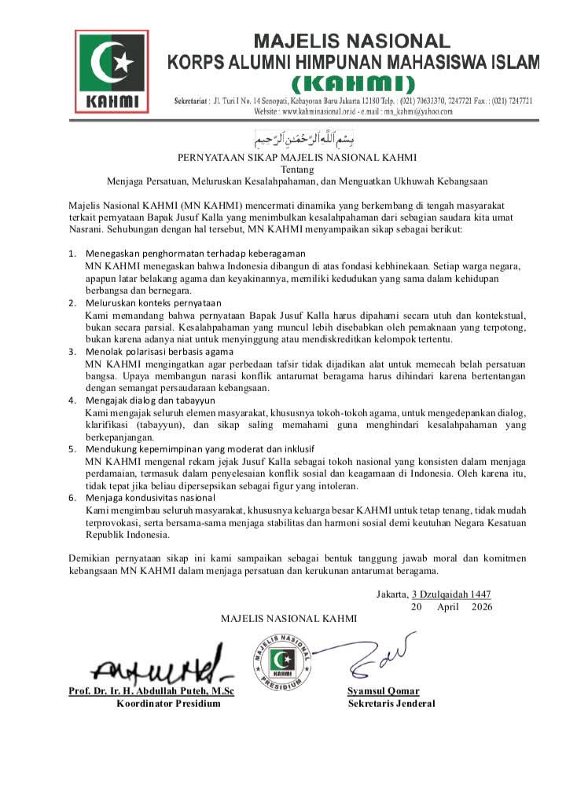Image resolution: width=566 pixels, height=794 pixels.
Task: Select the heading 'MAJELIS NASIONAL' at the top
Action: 351,41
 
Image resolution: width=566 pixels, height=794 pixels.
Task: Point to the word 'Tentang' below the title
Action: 297,168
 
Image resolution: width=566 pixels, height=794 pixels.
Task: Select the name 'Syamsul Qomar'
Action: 383,690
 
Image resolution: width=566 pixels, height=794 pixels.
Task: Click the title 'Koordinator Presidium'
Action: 168,703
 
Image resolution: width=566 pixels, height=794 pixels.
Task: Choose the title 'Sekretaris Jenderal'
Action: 391,703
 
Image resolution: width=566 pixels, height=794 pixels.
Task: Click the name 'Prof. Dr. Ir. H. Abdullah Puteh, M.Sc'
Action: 152,690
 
